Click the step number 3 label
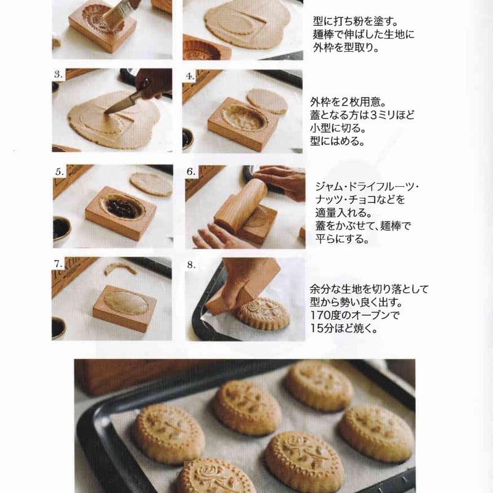tap(59, 74)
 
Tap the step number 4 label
tap(190, 76)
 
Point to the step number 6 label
tap(191, 172)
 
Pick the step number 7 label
tap(59, 264)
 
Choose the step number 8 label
tap(191, 264)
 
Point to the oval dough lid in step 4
tap(267, 100)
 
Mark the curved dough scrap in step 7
tap(120, 269)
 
